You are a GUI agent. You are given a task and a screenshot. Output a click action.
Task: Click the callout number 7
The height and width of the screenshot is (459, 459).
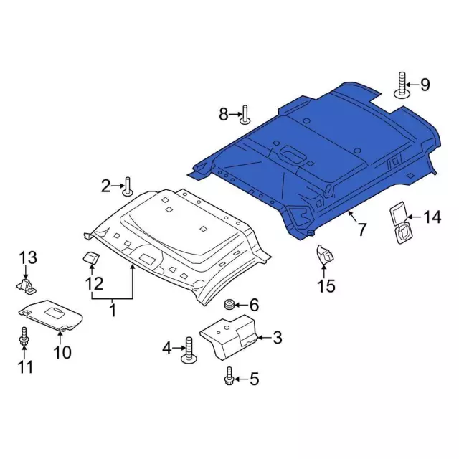point(362,229)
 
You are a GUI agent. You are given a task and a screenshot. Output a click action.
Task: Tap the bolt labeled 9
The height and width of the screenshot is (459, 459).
point(402,85)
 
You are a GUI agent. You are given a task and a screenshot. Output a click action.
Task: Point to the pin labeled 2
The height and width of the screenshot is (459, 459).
point(128,186)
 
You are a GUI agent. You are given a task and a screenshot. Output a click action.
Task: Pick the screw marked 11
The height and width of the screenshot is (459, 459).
point(24,337)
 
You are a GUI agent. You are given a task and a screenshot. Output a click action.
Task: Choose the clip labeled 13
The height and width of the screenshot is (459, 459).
point(27,286)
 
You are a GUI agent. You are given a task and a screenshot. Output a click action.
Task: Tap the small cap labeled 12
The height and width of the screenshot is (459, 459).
point(91,257)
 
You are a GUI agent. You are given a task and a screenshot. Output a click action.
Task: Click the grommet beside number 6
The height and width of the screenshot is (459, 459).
point(229,305)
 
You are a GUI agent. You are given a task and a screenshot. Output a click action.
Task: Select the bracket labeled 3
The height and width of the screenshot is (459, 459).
point(228,337)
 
